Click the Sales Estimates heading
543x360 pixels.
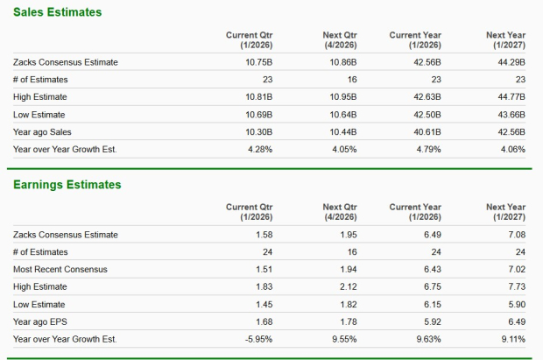(57, 12)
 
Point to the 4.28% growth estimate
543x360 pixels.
(260, 150)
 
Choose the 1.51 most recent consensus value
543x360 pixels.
(264, 269)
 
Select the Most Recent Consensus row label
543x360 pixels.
(60, 269)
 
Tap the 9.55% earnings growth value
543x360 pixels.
(344, 339)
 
